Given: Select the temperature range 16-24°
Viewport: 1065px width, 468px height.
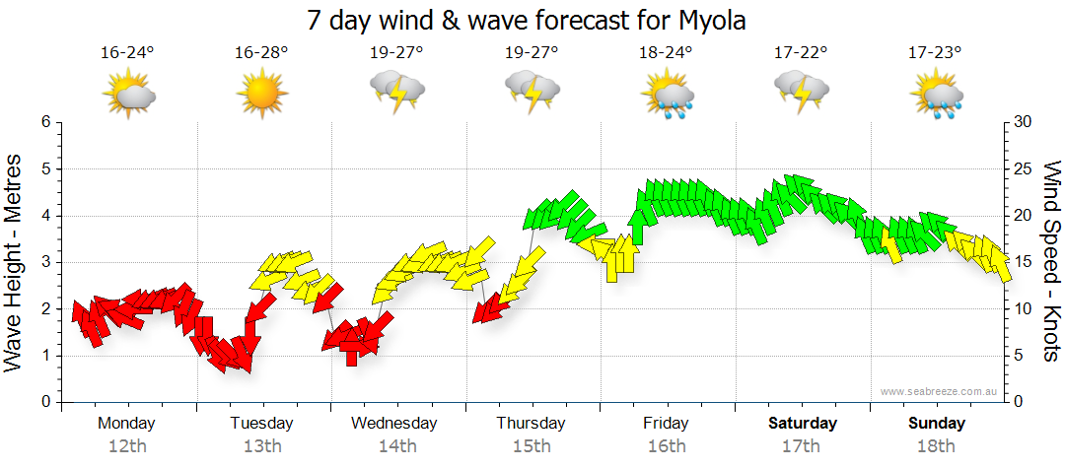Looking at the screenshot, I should tap(127, 52).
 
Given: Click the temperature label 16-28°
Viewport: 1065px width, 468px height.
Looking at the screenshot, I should tap(261, 52).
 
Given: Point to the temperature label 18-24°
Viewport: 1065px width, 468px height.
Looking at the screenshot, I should tap(667, 52).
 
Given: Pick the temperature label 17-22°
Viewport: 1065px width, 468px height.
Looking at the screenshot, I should tap(801, 52).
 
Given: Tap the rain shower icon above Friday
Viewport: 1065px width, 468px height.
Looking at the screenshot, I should tap(668, 95).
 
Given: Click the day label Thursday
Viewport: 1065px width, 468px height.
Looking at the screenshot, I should tap(531, 424).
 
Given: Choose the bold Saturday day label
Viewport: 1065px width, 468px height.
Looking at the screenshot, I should tap(802, 424).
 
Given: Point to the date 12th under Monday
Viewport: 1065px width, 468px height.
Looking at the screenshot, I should tap(127, 446).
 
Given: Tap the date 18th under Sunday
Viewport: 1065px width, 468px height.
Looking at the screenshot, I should tap(937, 446).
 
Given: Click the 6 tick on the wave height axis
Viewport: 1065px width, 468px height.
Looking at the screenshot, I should tap(44, 122).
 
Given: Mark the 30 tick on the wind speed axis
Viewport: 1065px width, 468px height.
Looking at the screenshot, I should tap(1024, 122).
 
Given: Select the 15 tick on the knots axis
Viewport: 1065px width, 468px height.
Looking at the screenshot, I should tap(1024, 262).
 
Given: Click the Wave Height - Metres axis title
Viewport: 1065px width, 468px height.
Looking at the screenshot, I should tap(15, 261).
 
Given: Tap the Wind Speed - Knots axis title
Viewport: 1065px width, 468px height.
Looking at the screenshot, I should tap(1051, 261).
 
